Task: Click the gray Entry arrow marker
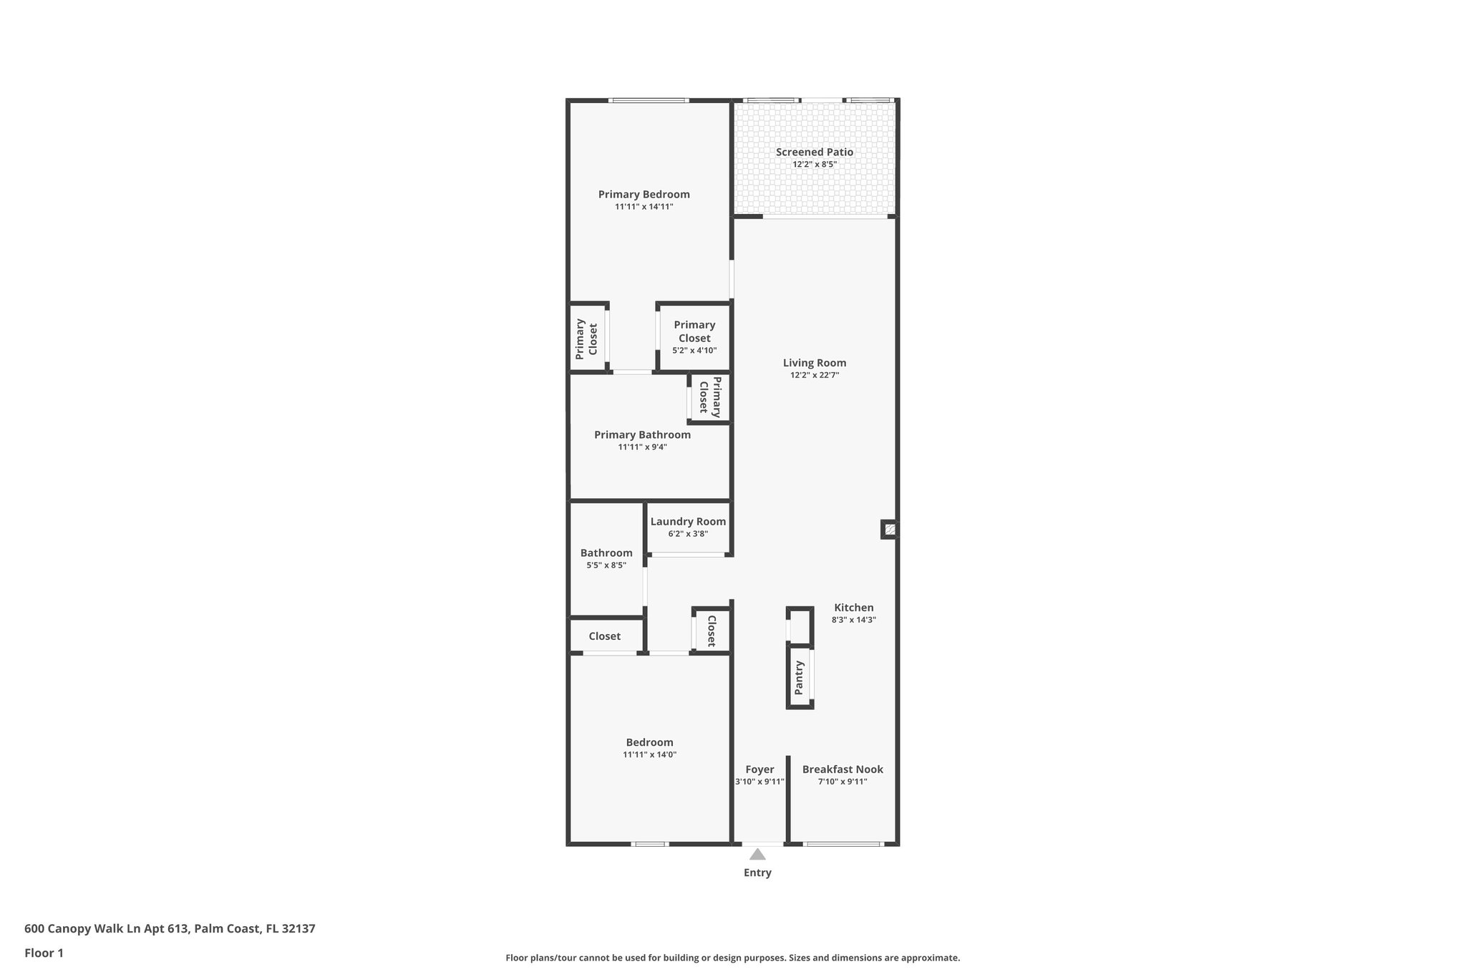pos(757,854)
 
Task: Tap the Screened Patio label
pos(815,152)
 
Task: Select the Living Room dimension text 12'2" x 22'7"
pos(815,375)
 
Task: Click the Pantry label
pos(800,677)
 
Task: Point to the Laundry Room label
pos(688,522)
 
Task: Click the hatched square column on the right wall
pos(890,530)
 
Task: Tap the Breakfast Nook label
pos(843,769)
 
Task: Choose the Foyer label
pos(759,769)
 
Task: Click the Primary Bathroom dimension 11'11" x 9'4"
pos(643,447)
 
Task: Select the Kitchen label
pos(853,608)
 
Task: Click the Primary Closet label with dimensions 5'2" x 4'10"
pos(694,331)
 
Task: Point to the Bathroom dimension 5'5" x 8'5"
pos(606,565)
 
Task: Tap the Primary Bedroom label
pos(644,195)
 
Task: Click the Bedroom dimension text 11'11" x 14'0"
pos(650,754)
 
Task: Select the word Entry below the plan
pos(757,873)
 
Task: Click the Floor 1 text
pos(44,953)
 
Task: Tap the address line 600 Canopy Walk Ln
pos(170,928)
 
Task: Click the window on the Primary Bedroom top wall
pos(649,100)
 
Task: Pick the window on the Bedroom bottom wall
pos(650,844)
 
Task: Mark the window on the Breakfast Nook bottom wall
pos(843,844)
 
